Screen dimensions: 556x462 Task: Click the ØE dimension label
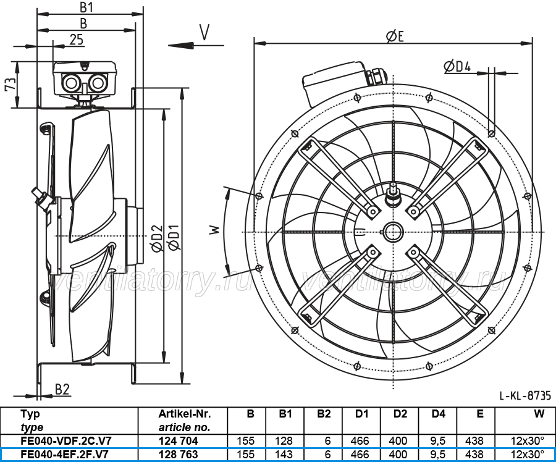(x=395, y=36)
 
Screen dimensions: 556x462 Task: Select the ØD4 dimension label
(x=457, y=66)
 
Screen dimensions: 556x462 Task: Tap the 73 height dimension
(x=11, y=85)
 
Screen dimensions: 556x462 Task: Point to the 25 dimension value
(x=77, y=40)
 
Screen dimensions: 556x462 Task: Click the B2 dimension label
(x=62, y=389)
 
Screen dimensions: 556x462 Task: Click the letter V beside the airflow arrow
(x=204, y=32)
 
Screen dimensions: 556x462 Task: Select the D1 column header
(x=361, y=414)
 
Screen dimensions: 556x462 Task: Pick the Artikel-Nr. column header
(x=185, y=414)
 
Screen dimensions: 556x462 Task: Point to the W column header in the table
(x=539, y=414)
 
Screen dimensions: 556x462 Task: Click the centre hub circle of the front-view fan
(x=393, y=232)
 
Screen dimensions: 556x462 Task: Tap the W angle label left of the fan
(x=215, y=230)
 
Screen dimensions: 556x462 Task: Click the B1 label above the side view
(x=86, y=7)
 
